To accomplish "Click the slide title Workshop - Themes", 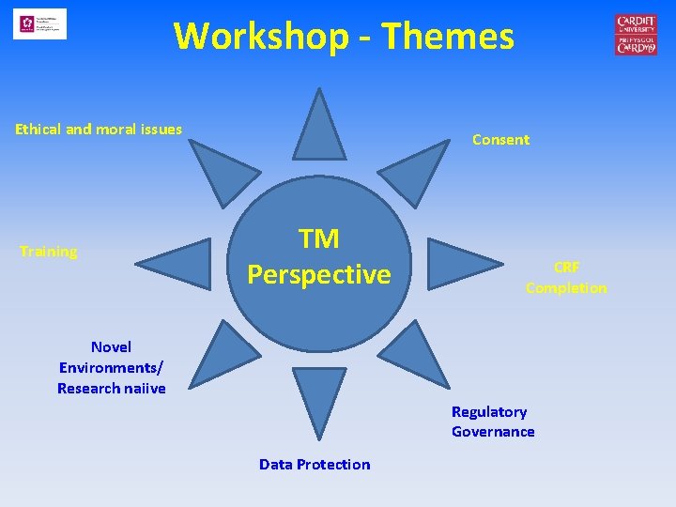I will click(x=344, y=37).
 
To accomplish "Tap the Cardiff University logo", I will click(x=636, y=35).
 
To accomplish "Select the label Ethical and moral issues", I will click(x=99, y=130).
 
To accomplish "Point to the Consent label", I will click(x=500, y=140).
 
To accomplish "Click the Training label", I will click(x=49, y=252).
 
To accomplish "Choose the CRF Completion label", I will click(x=566, y=278).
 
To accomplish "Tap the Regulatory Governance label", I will click(x=493, y=422).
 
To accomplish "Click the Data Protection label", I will click(x=315, y=465).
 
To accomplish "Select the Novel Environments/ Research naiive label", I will click(x=112, y=367).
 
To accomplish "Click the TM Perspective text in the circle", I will click(x=319, y=256).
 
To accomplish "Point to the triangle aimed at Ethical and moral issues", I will click(x=221, y=169).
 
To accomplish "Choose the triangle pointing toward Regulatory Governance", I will click(x=417, y=353).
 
